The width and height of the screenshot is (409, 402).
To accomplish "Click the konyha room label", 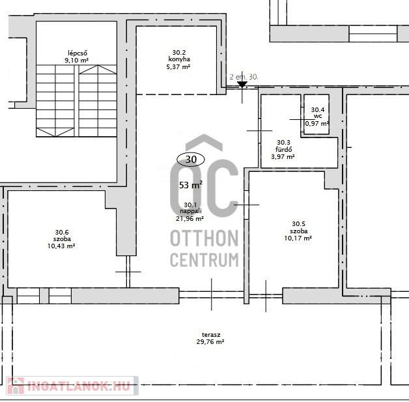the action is point(179,59).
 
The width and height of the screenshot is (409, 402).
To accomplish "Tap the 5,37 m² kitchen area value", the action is point(178,66).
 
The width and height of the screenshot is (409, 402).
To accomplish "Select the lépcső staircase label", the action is point(78,53).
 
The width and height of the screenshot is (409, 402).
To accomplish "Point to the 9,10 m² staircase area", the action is point(76,60).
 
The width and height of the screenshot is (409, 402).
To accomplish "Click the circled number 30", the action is point(191,160).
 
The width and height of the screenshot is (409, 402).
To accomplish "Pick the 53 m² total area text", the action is point(191,185).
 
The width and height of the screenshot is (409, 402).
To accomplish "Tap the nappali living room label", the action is point(190,211).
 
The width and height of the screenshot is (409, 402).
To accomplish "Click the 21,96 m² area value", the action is point(190,219).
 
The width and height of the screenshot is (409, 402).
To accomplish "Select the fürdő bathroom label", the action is point(283,149).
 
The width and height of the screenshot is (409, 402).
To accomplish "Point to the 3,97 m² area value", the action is point(283,157).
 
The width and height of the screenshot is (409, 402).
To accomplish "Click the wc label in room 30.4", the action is point(318,117).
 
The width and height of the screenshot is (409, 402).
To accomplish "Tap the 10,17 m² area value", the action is point(298,238).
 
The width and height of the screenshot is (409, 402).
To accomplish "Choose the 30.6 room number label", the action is point(62,232).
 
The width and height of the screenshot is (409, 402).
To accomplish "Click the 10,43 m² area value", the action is point(61,246).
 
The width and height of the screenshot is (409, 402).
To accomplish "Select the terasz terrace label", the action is point(211,335).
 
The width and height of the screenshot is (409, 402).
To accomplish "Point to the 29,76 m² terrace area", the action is point(210,342).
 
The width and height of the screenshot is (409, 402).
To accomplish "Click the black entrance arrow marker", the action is point(242,84).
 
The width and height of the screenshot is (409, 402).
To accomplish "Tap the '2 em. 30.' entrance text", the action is point(244,77).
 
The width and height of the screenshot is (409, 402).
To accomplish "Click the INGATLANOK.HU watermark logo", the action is point(72,386).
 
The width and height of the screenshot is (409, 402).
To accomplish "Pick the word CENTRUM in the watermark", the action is point(204,260).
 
